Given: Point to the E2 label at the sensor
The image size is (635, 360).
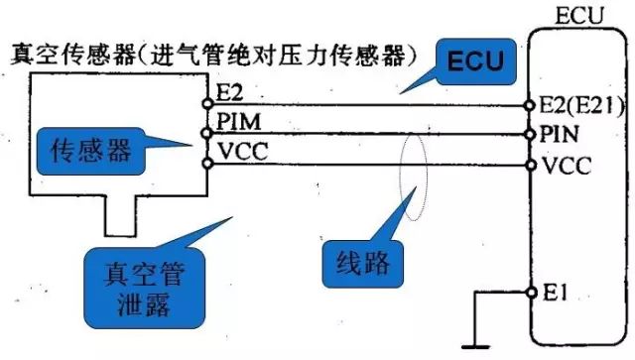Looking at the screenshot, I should (226, 96).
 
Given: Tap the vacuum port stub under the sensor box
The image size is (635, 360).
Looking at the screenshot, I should (119, 213).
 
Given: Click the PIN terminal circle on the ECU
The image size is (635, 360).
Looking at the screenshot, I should (529, 132).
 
